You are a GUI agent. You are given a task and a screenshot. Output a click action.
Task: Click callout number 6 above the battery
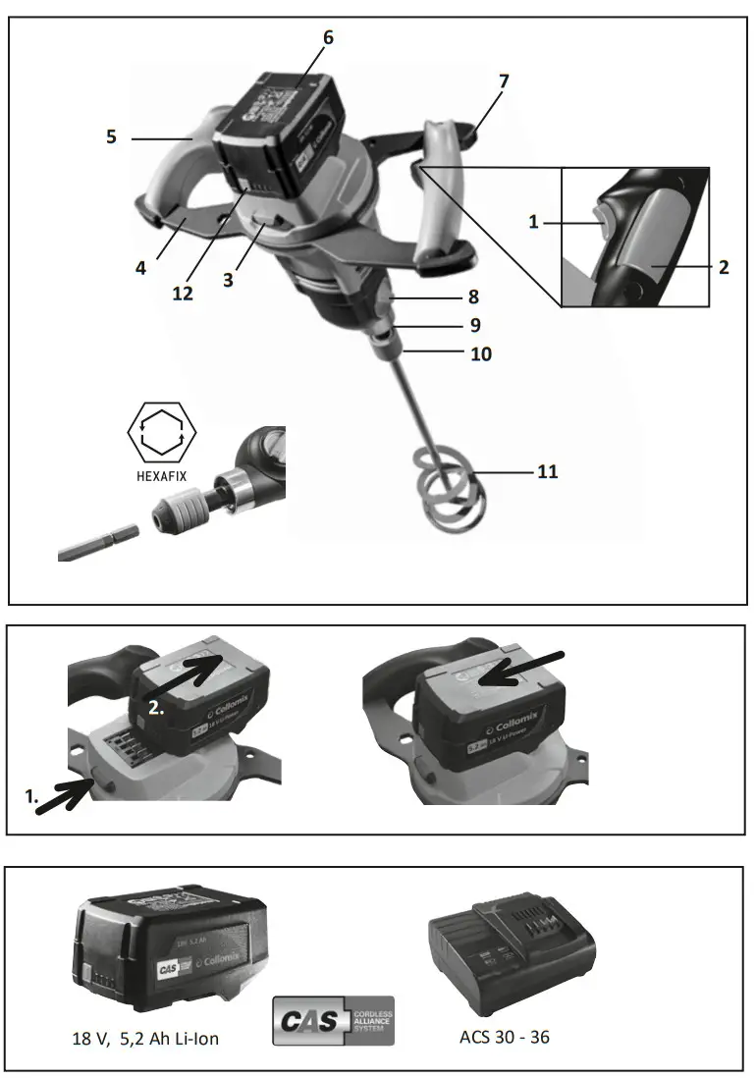328,37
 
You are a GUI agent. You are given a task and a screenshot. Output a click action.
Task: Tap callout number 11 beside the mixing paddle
547,472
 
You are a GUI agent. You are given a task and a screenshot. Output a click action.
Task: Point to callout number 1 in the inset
534,223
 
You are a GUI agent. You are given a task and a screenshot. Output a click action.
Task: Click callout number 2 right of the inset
724,266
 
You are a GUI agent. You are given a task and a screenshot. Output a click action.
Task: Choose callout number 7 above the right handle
504,81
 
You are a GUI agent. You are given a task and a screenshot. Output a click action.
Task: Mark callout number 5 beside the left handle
111,137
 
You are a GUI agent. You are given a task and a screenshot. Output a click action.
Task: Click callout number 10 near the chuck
481,353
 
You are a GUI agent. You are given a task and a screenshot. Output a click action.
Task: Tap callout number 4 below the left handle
141,267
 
